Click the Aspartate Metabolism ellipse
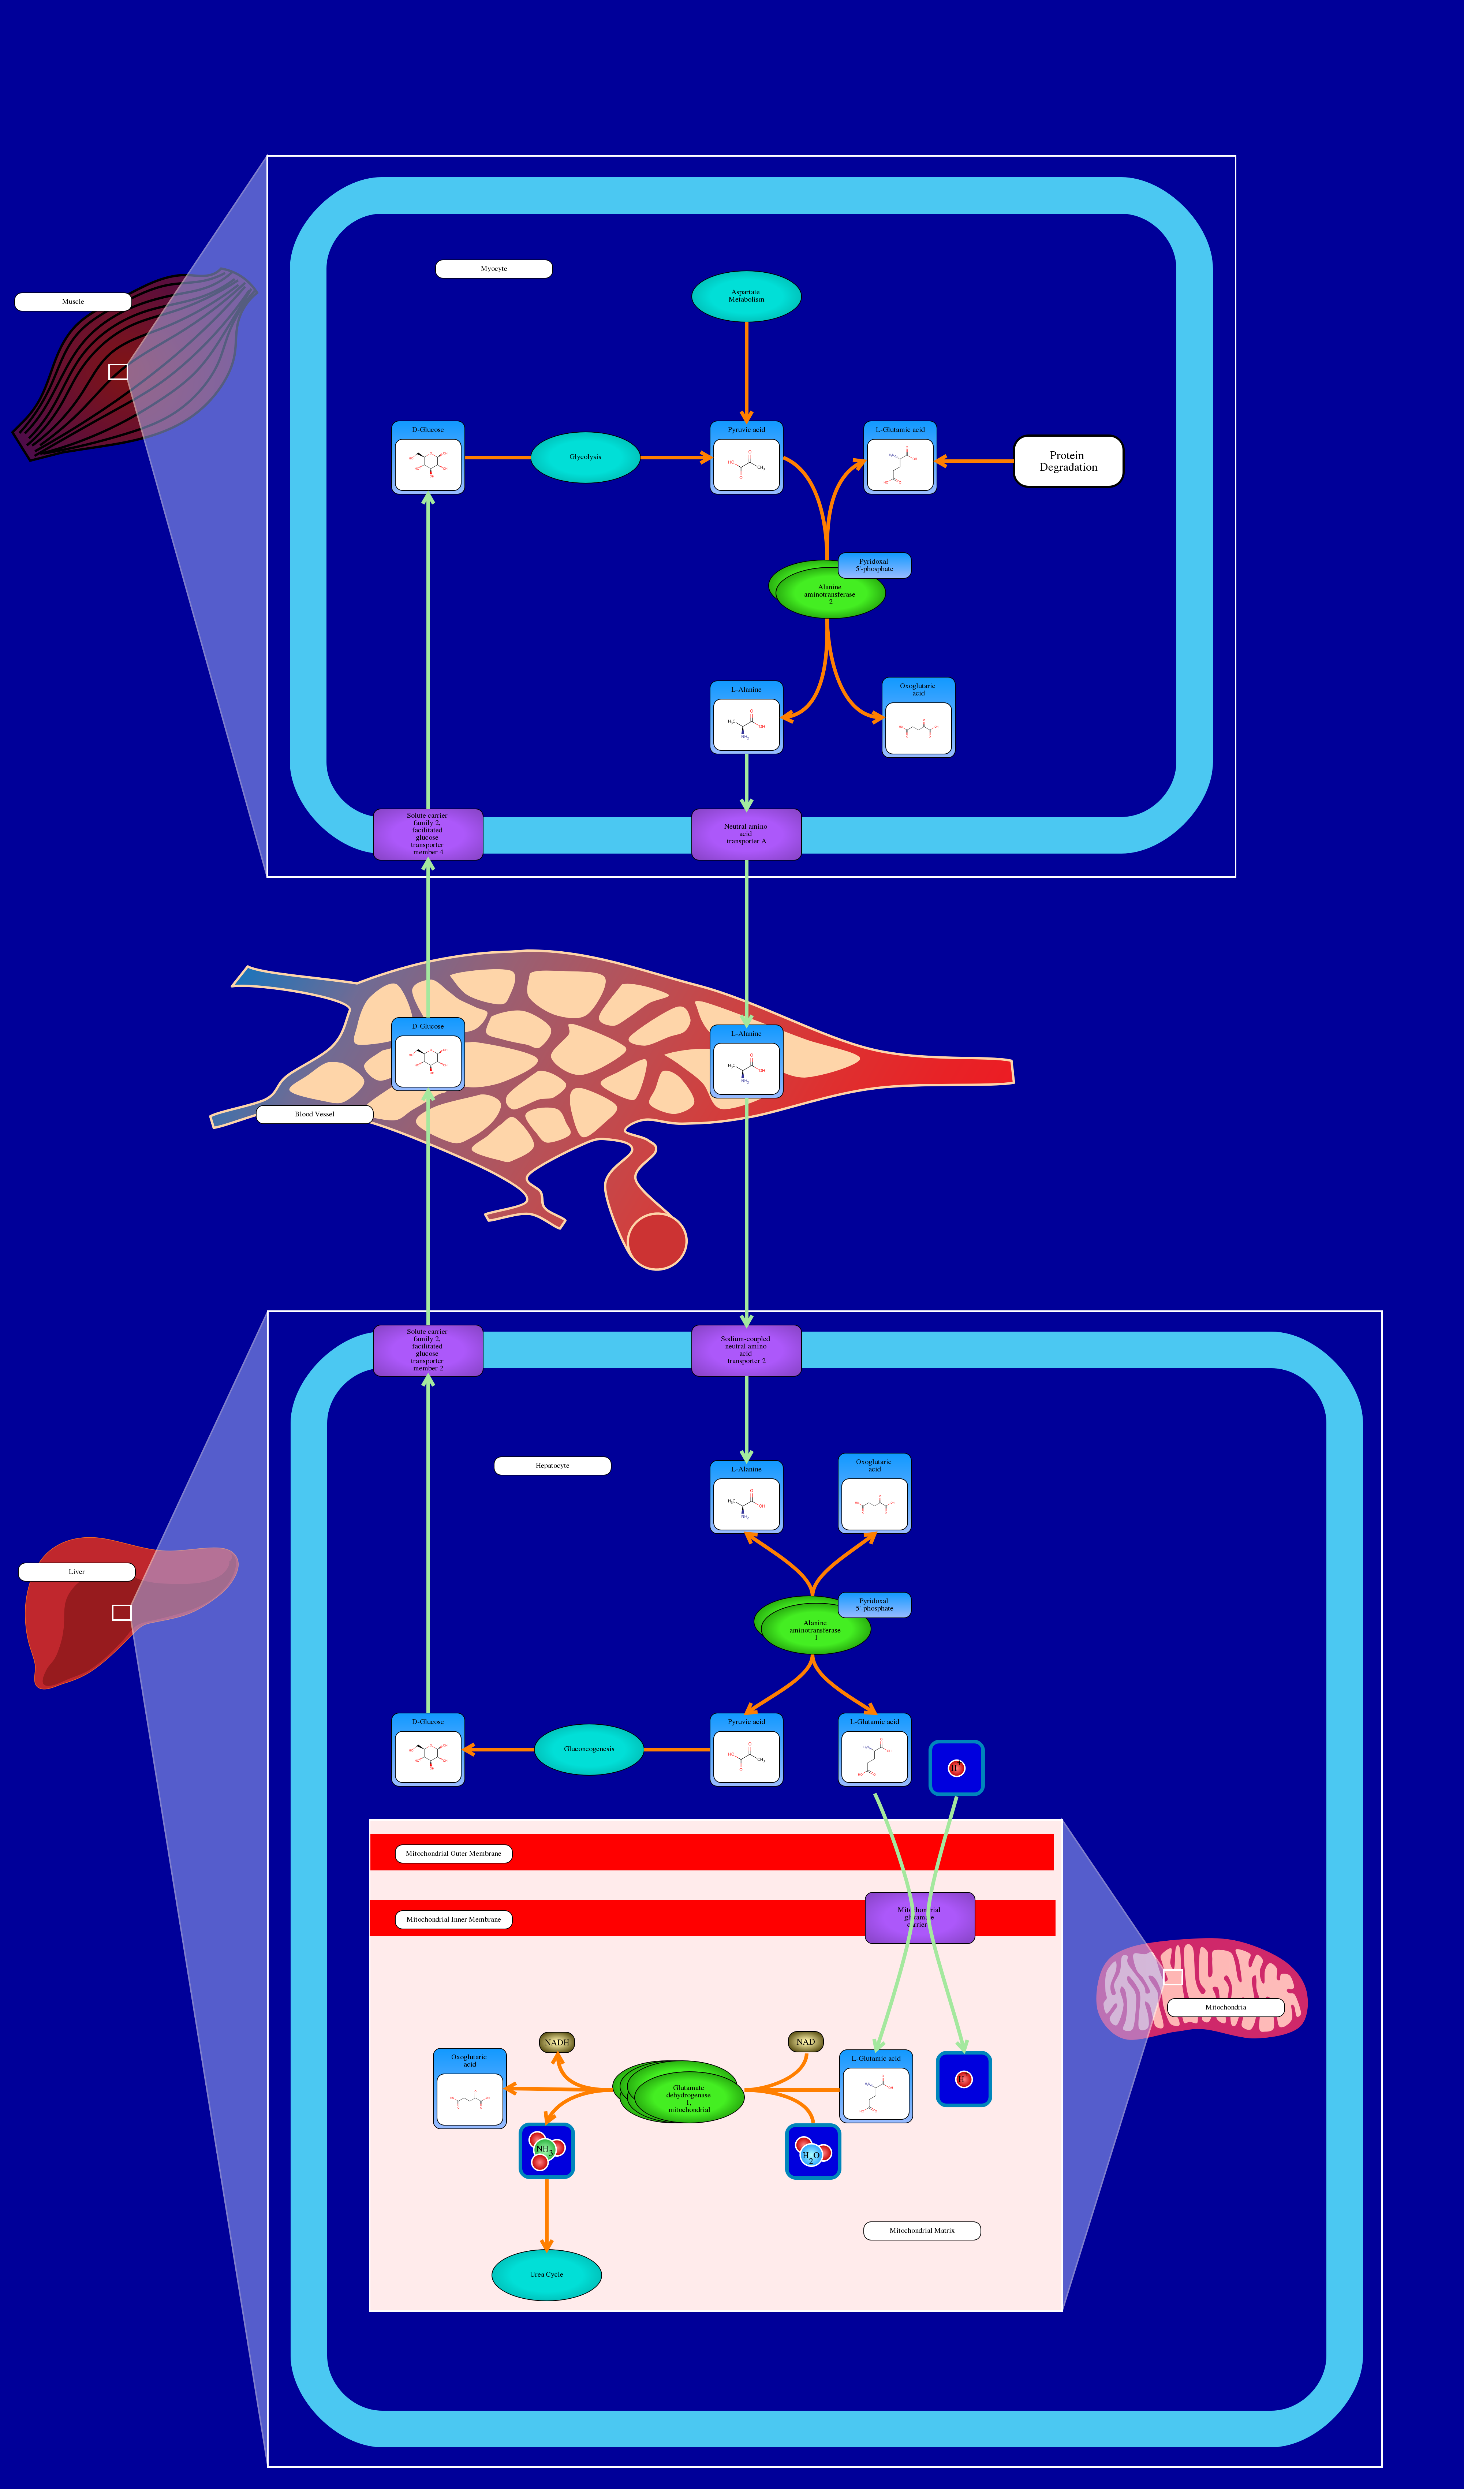click(x=746, y=296)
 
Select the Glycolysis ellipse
click(x=585, y=457)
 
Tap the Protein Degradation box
click(x=1068, y=461)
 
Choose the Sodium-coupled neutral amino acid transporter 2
click(x=746, y=1350)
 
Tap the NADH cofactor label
click(x=557, y=2042)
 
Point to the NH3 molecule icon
click(x=546, y=2150)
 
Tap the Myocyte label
click(x=494, y=269)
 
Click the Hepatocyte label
click(x=552, y=1466)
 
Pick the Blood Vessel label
click(x=314, y=1114)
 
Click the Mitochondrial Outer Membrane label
click(x=453, y=1854)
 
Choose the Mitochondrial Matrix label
click(x=922, y=2230)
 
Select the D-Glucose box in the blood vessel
click(x=428, y=1055)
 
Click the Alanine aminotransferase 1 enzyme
click(x=815, y=1630)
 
